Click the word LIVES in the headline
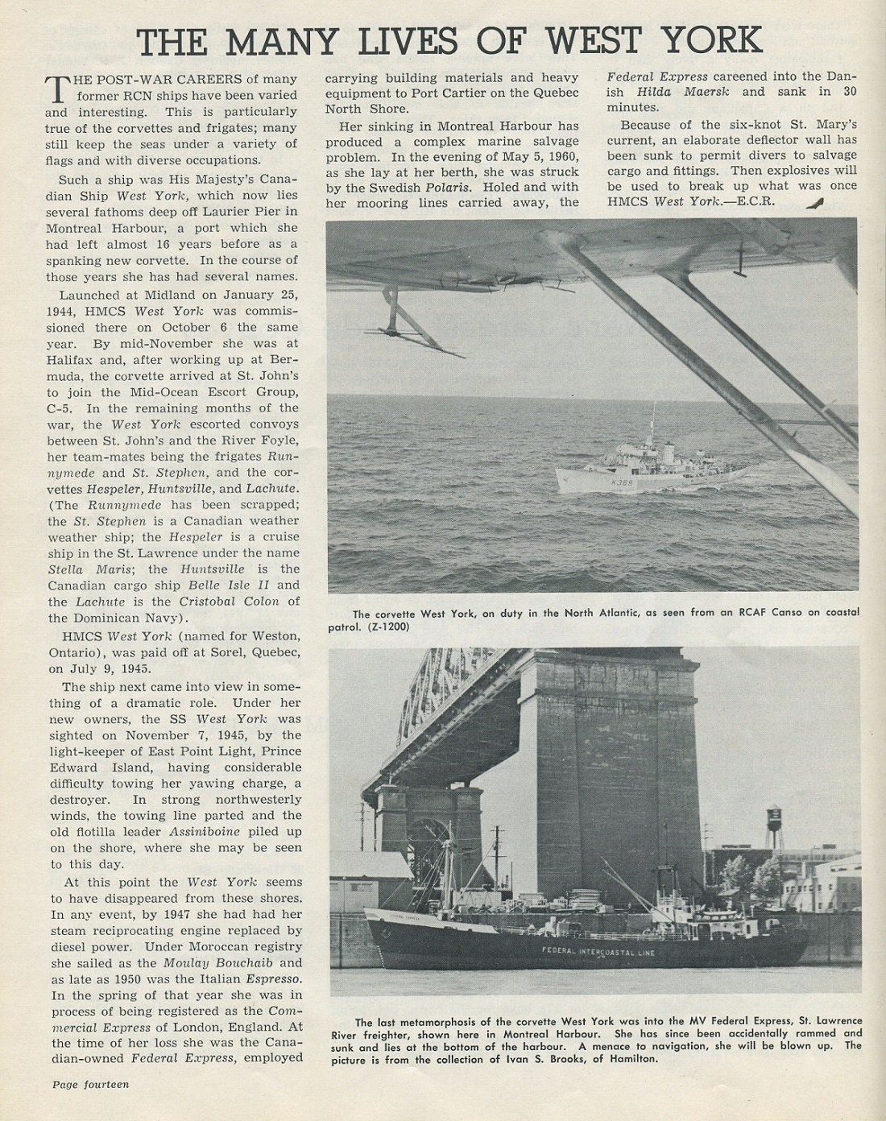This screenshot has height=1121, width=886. tap(398, 39)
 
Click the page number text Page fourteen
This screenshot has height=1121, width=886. tap(90, 1084)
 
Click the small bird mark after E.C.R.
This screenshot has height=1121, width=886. tap(815, 203)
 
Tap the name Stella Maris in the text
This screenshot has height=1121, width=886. tap(83, 569)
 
